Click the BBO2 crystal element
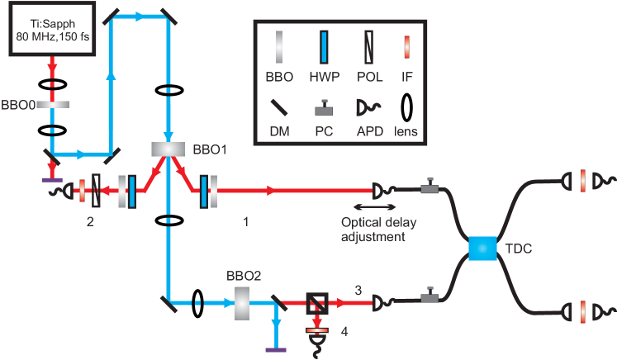[243, 302]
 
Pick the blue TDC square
[480, 249]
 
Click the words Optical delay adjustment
[373, 229]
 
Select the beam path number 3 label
[358, 289]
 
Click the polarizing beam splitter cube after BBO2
[316, 303]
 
